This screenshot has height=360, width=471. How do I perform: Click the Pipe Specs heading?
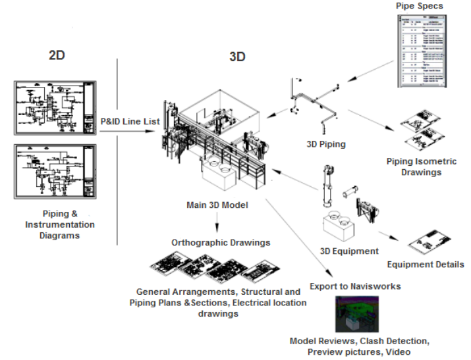click(x=419, y=6)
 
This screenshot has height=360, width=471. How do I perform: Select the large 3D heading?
click(x=237, y=57)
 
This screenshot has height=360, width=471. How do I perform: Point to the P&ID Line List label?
click(x=130, y=121)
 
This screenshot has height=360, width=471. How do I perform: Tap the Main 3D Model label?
click(x=217, y=205)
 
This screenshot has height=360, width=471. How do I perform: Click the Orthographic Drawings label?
click(x=221, y=242)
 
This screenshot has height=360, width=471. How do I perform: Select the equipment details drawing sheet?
click(x=432, y=244)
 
